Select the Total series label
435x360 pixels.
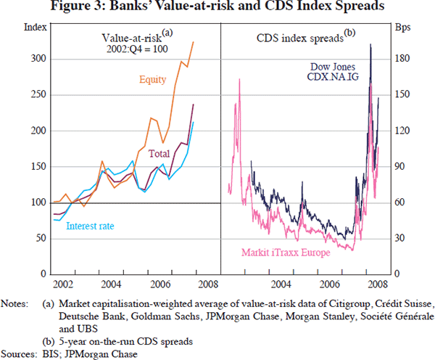159,154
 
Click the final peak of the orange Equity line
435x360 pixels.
193,42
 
